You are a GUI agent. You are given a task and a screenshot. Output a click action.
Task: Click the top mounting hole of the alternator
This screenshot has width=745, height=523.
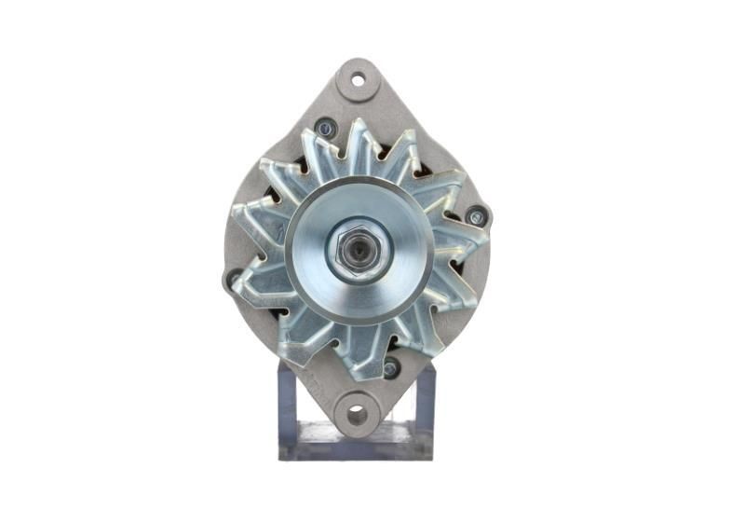(x=359, y=80)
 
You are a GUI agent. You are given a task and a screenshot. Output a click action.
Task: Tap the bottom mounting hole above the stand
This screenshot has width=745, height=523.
(x=358, y=413)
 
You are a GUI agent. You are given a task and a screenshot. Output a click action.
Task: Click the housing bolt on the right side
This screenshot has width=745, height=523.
(x=477, y=217)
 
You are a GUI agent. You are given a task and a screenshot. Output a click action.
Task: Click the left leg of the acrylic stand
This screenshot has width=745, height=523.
(x=288, y=410)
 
